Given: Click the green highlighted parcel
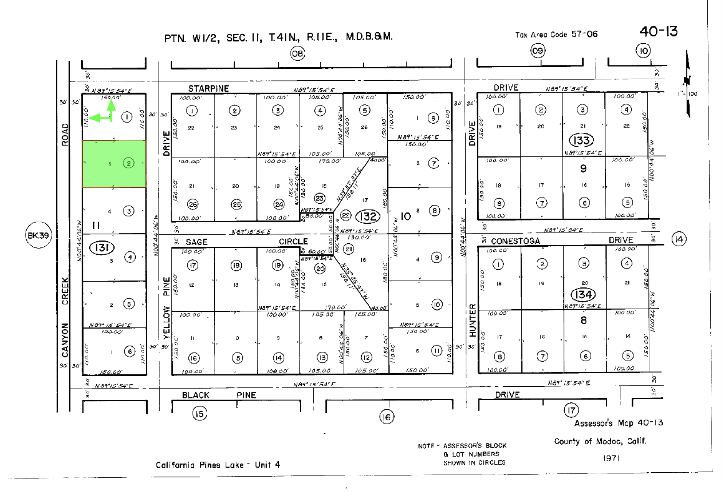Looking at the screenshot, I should (114, 164).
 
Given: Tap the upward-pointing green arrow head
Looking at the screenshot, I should (111, 104).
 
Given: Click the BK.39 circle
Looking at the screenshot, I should (38, 235).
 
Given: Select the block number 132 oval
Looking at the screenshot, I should (368, 216).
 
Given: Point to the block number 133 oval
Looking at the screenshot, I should (581, 140).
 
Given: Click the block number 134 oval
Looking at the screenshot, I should (583, 295).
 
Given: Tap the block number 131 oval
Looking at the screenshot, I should (102, 247).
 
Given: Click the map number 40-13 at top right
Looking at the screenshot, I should (658, 31).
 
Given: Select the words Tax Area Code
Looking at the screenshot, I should (541, 35).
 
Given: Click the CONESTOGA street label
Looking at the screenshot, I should (515, 241).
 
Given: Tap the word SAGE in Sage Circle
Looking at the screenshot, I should (197, 242).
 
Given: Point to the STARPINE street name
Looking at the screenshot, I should (208, 89).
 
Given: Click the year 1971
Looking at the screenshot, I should (611, 458).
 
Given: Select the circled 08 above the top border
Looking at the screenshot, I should (298, 53).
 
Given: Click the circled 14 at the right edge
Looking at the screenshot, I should (679, 239).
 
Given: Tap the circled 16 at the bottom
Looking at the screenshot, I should (386, 417).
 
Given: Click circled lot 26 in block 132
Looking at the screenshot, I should (193, 204).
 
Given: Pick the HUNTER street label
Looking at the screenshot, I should (473, 320).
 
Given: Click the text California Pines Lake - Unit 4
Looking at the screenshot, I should (218, 465).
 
